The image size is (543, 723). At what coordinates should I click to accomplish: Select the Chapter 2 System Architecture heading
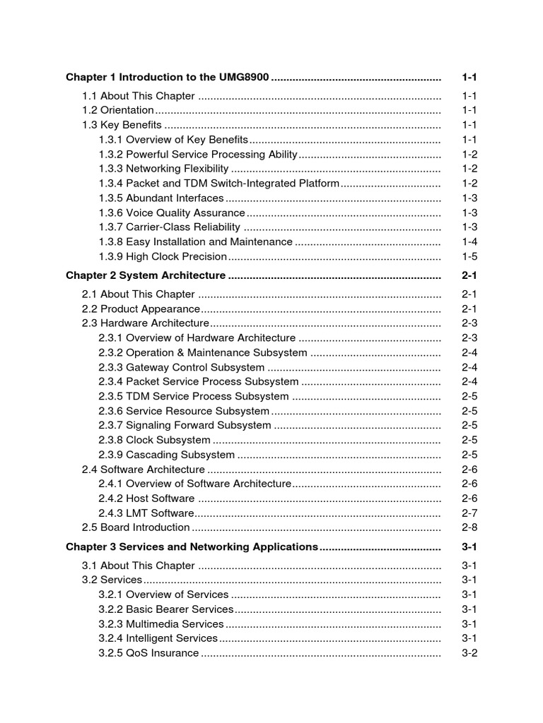pos(146,275)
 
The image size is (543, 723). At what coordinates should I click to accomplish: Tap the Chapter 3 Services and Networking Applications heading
pos(192,546)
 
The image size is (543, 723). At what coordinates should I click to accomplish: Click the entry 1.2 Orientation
pos(118,110)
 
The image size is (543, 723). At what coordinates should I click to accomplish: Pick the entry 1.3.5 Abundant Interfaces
pos(161,198)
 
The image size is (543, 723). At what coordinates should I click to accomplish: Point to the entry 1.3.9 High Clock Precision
pos(163,257)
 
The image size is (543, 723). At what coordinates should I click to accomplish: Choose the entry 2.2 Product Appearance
pos(141,309)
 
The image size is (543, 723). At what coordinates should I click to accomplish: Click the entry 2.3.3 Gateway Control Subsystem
pos(182,367)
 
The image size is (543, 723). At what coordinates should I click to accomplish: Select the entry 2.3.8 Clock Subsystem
pos(155,440)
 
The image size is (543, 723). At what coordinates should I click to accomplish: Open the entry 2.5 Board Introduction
pos(136,527)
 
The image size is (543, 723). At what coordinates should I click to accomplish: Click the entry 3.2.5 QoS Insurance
pos(149,653)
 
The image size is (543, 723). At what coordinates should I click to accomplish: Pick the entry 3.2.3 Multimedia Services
pos(161,624)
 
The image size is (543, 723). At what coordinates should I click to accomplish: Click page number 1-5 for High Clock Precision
pos(469,257)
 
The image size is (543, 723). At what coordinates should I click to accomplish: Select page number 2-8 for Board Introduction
pos(469,527)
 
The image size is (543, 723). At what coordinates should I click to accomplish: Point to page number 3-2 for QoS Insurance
pos(469,653)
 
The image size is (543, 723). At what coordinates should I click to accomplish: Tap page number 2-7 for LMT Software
pos(469,513)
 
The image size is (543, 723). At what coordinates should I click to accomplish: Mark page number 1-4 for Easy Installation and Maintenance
pos(469,242)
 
